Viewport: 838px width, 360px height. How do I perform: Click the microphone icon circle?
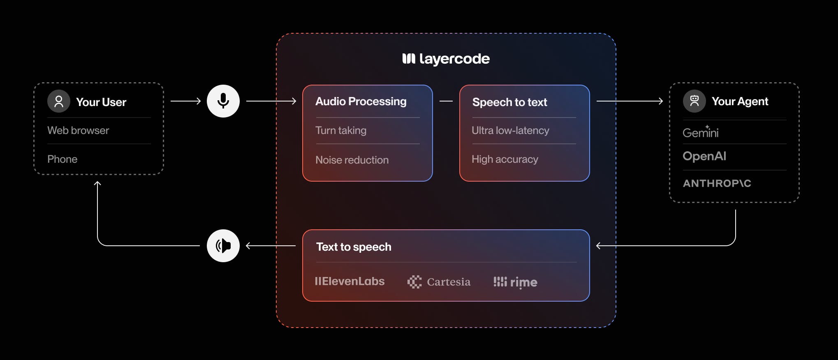coord(223,101)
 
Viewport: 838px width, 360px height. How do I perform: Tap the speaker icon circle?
coord(223,246)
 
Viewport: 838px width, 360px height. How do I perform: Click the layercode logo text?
coord(446,59)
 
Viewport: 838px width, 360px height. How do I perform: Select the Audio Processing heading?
coord(361,102)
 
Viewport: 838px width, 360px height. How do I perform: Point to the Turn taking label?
coord(340,131)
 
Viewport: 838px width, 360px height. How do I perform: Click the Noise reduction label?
coord(352,160)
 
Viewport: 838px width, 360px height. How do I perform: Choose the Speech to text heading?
coord(509,102)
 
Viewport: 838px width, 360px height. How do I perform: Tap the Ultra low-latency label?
coord(510,131)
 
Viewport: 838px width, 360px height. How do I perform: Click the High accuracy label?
coord(505,159)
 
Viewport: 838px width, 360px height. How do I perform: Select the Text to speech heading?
coord(354,247)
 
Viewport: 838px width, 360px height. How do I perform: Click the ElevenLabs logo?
coord(350,282)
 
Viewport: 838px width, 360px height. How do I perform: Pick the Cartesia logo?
coord(439,282)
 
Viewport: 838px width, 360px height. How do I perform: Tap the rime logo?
coord(515,282)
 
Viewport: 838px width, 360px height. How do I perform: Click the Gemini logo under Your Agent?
coord(700,132)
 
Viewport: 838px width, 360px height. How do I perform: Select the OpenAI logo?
coord(704,156)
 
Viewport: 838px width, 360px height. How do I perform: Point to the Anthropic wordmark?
coord(717,183)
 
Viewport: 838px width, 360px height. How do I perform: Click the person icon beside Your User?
coord(59,101)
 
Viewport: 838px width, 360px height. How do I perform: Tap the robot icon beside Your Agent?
coord(694,101)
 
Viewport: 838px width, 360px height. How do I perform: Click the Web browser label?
coord(78,131)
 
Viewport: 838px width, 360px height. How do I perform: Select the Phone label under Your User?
coord(62,159)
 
